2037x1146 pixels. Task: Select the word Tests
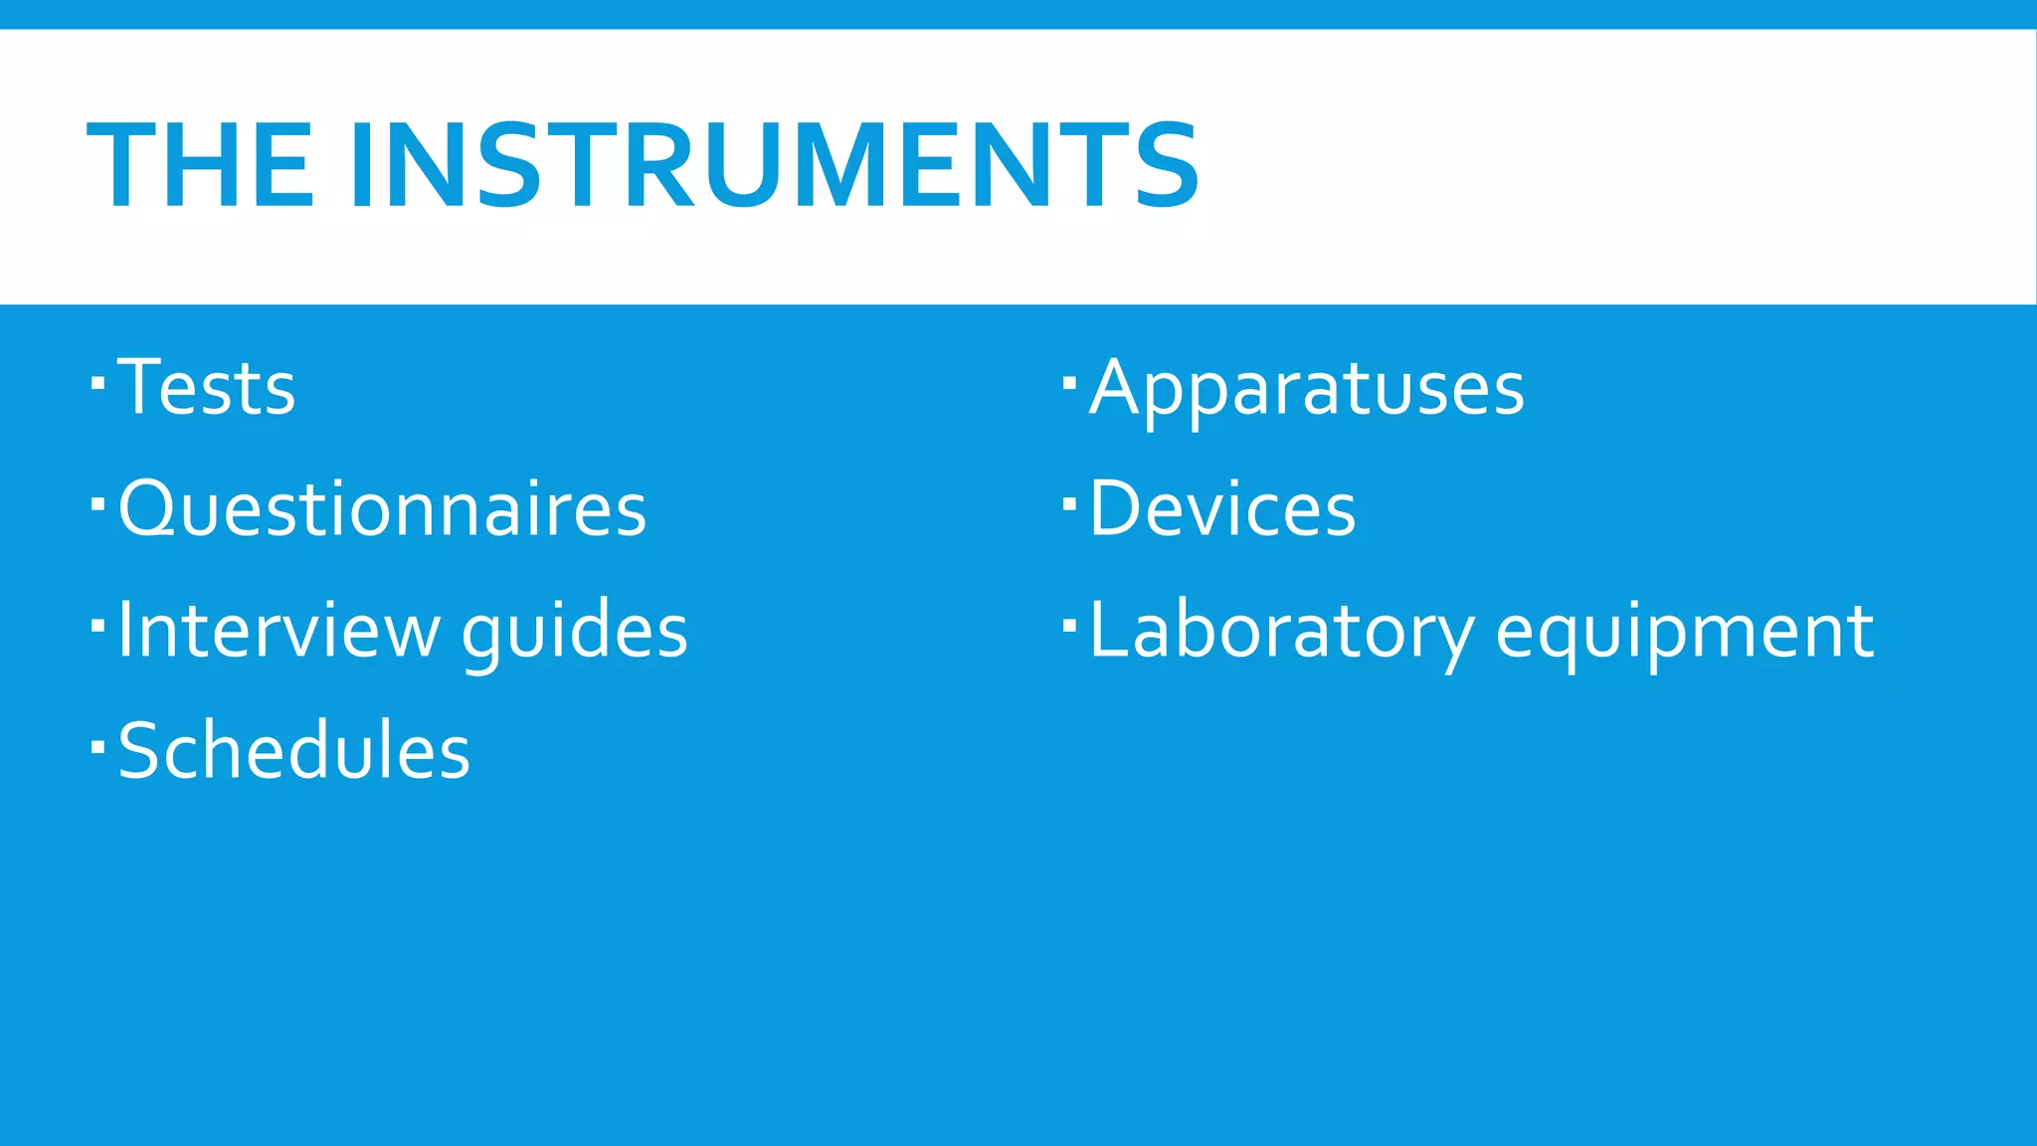point(207,387)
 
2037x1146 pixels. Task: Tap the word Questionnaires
point(383,508)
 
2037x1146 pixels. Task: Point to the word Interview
point(278,630)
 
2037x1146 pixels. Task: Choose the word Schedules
point(294,750)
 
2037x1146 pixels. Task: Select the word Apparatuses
point(1307,388)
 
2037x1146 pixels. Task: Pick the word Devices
point(1222,508)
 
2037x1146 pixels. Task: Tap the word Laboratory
point(1281,631)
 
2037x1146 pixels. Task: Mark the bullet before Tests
point(97,382)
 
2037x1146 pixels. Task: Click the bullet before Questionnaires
point(97,503)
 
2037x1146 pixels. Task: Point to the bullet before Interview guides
point(97,625)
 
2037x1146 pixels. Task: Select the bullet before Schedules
point(97,745)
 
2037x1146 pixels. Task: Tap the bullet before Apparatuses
point(1069,382)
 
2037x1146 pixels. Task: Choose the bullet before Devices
point(1069,503)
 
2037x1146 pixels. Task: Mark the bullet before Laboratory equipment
point(1069,625)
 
